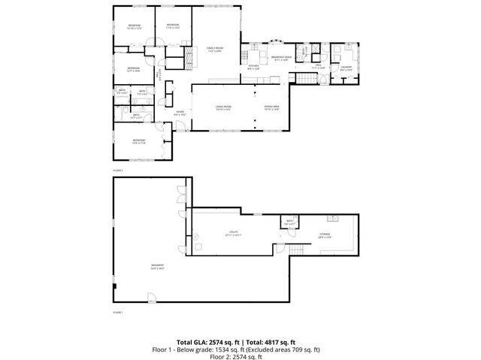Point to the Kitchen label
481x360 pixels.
pyautogui.click(x=253, y=66)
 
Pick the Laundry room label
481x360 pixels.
pyautogui.click(x=346, y=67)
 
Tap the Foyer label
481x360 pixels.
pyautogui.click(x=180, y=113)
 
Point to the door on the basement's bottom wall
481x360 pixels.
pyautogui.click(x=152, y=299)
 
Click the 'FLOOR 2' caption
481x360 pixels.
pyautogui.click(x=118, y=171)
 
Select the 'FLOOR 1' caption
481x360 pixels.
pyautogui.click(x=118, y=311)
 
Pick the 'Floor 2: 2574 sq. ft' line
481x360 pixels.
pyautogui.click(x=240, y=356)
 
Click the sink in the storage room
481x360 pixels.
pyautogui.click(x=331, y=218)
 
